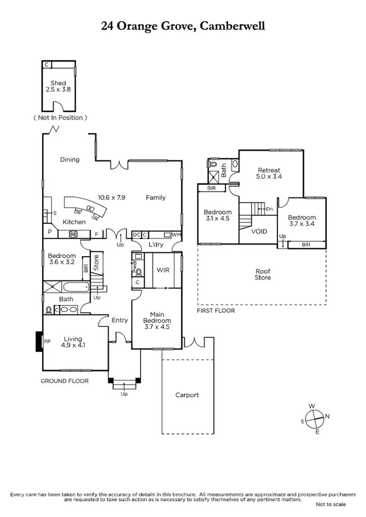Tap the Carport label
186,395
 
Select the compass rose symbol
316,419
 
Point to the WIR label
163,269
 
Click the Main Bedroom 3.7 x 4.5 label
156,321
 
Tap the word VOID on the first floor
259,231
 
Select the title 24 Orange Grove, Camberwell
183,26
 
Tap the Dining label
70,160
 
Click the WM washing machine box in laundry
176,234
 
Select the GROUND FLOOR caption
64,381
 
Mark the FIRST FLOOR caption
216,310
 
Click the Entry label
119,319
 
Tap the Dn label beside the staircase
269,209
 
